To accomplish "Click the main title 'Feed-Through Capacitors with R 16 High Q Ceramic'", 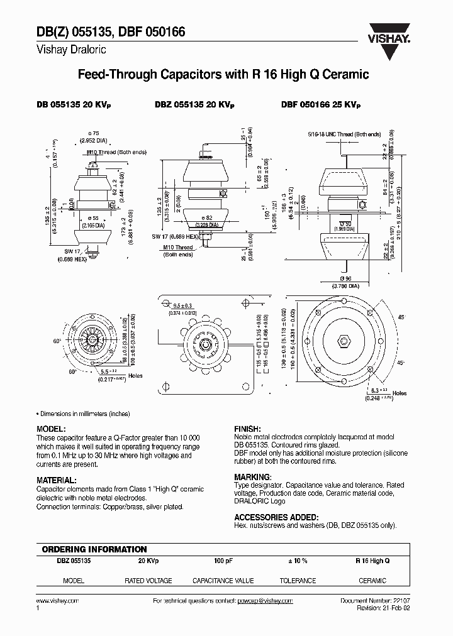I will tap(223, 75).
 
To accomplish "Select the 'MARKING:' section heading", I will tap(252, 477).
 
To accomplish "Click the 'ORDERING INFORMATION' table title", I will tap(94, 549).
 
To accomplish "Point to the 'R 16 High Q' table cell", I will tap(372, 561).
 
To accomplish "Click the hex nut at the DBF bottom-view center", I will tap(344, 341).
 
